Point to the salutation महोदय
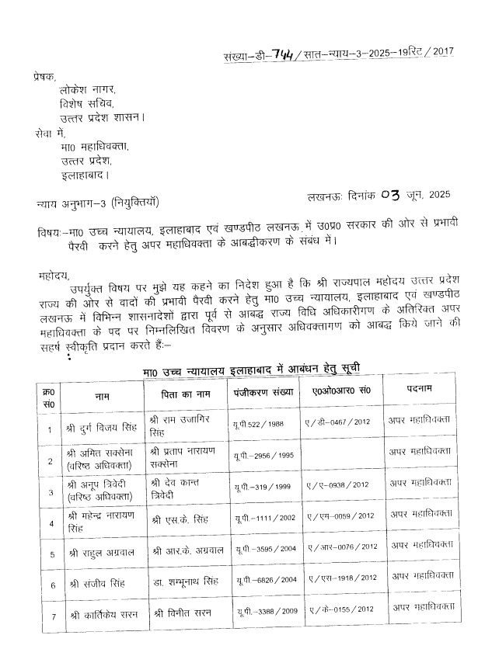pos(52,275)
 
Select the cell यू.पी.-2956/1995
pos(263,456)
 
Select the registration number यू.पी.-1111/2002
pos(263,518)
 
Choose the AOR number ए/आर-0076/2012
pos(343,550)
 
